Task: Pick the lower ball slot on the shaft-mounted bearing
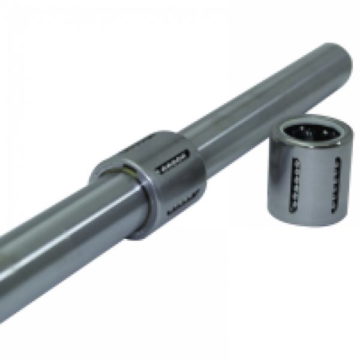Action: coord(179,207)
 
